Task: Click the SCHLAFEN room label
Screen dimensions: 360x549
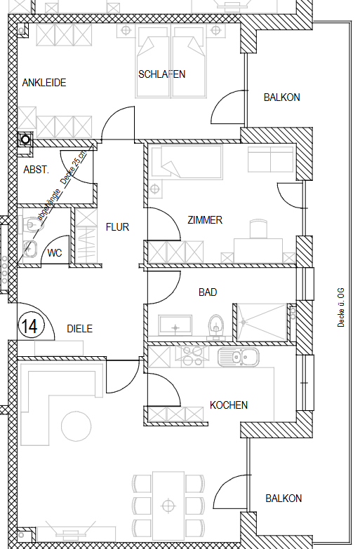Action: click(161, 74)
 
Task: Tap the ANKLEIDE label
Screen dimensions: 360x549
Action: click(44, 83)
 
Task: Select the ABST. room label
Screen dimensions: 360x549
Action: click(36, 170)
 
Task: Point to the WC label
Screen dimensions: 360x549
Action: click(55, 253)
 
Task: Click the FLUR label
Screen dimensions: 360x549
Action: click(117, 227)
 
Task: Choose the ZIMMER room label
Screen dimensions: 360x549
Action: click(205, 220)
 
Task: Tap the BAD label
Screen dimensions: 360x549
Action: click(208, 292)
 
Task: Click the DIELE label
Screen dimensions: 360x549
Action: click(80, 328)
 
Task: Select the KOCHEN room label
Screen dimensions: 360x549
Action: click(229, 405)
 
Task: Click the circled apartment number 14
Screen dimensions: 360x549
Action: click(31, 326)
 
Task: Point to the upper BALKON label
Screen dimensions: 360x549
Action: click(282, 97)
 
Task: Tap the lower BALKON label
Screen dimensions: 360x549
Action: click(284, 499)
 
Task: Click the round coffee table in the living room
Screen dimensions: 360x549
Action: click(76, 426)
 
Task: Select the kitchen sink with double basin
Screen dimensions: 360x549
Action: click(239, 358)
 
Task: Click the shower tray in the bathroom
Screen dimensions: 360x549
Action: click(262, 322)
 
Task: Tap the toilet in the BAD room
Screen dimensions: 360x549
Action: click(215, 326)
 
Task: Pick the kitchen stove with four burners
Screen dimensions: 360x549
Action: click(189, 357)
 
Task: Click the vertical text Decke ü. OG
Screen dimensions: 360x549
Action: click(341, 307)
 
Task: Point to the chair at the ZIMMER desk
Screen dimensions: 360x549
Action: click(258, 229)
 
